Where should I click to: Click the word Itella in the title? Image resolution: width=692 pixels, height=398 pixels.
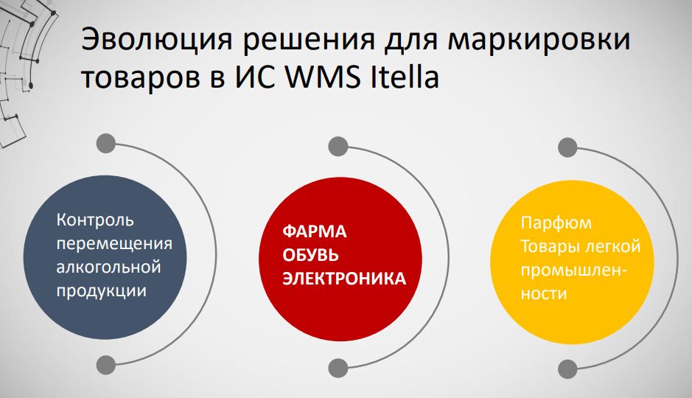click(402, 76)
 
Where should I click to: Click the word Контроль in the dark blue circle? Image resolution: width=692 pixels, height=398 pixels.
click(96, 220)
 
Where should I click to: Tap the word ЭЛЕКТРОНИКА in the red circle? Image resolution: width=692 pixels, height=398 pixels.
click(345, 279)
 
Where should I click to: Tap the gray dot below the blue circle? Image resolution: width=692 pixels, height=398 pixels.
click(106, 363)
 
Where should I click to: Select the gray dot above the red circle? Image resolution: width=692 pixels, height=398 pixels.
click(338, 144)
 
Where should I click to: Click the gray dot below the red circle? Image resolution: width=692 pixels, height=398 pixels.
click(338, 367)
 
